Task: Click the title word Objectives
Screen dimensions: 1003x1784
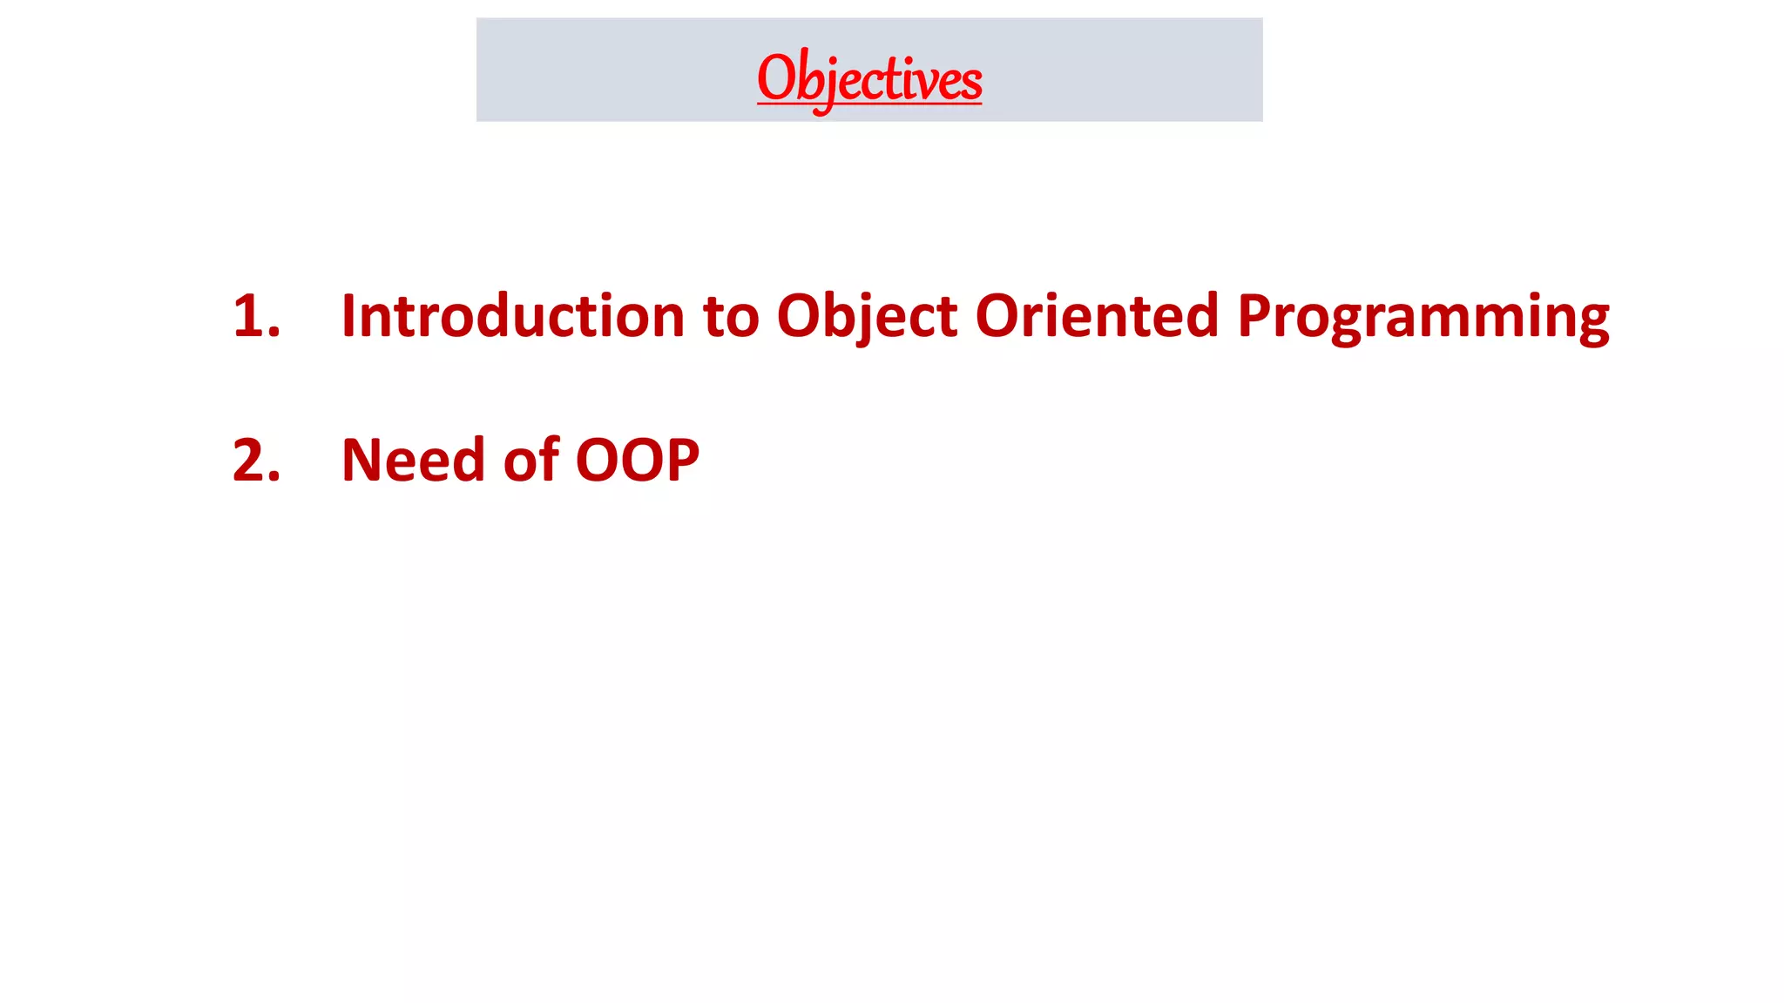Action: click(869, 78)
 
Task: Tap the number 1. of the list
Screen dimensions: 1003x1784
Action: click(256, 316)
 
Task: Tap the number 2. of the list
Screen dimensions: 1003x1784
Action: click(256, 461)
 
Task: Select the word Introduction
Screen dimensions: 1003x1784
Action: click(512, 316)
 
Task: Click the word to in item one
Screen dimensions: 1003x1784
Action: click(731, 316)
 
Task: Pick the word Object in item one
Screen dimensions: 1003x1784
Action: click(867, 316)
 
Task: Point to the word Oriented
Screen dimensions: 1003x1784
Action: click(1097, 316)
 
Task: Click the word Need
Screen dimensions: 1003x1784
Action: click(412, 461)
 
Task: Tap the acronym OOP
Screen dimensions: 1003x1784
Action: click(637, 461)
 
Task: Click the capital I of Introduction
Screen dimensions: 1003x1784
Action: click(348, 316)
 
